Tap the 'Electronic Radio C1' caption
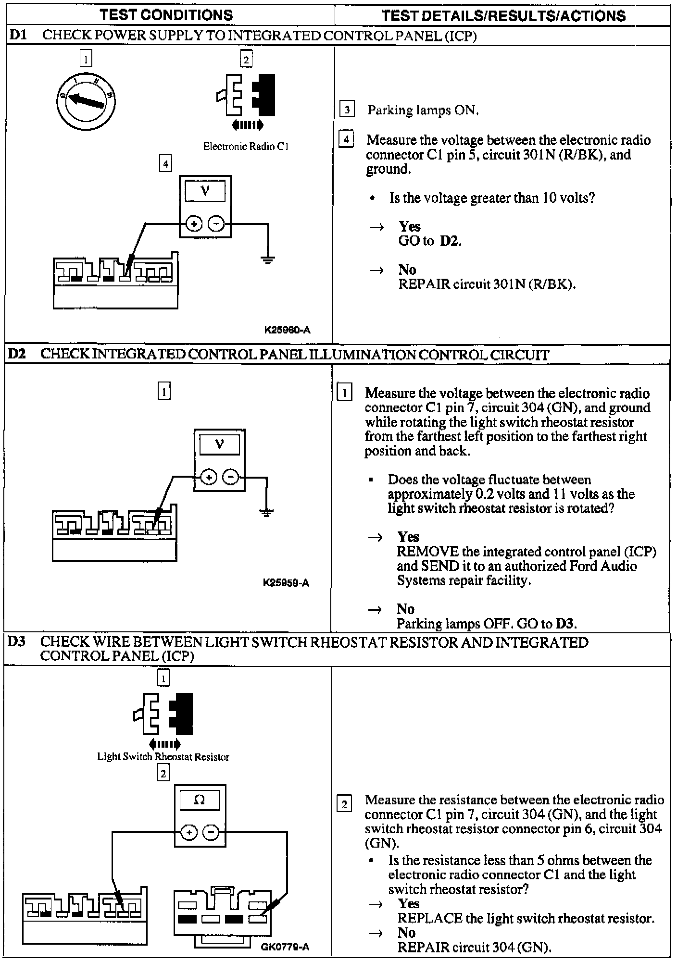[245, 146]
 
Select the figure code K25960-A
[287, 330]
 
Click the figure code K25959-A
[286, 583]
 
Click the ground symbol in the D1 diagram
[268, 260]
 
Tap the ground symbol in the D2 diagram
[266, 512]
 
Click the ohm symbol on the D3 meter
[200, 800]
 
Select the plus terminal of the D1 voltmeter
[194, 224]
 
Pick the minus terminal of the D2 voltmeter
[231, 477]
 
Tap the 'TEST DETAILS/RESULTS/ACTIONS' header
[503, 16]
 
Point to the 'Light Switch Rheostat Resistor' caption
[163, 757]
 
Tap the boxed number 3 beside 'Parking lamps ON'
[347, 110]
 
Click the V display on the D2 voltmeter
[220, 444]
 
